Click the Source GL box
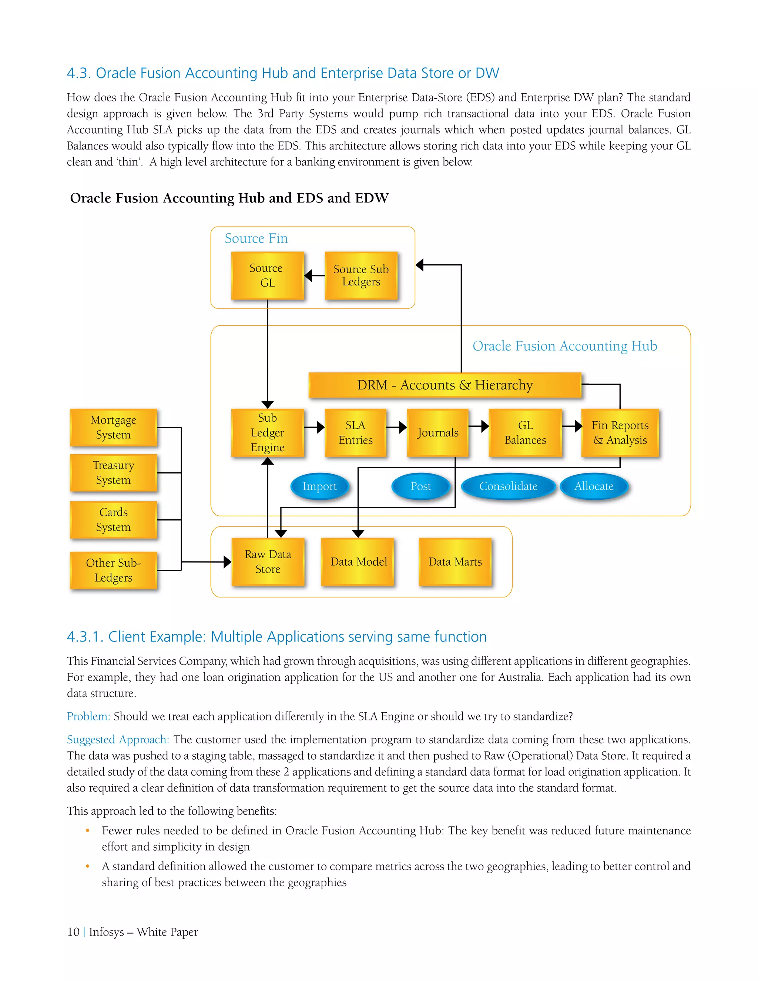267,275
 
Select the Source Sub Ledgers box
361,275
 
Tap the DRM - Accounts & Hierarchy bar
445,385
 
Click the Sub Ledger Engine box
267,432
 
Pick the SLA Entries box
355,432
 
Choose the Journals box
438,432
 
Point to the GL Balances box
525,432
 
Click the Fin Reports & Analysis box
620,432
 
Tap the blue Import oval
319,486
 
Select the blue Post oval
420,486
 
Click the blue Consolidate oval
508,486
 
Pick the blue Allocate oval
594,486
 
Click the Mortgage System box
113,427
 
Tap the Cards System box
113,520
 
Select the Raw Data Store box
268,562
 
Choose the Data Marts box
455,562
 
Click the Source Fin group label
256,238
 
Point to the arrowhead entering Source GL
308,275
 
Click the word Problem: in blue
88,716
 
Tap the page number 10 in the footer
73,932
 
